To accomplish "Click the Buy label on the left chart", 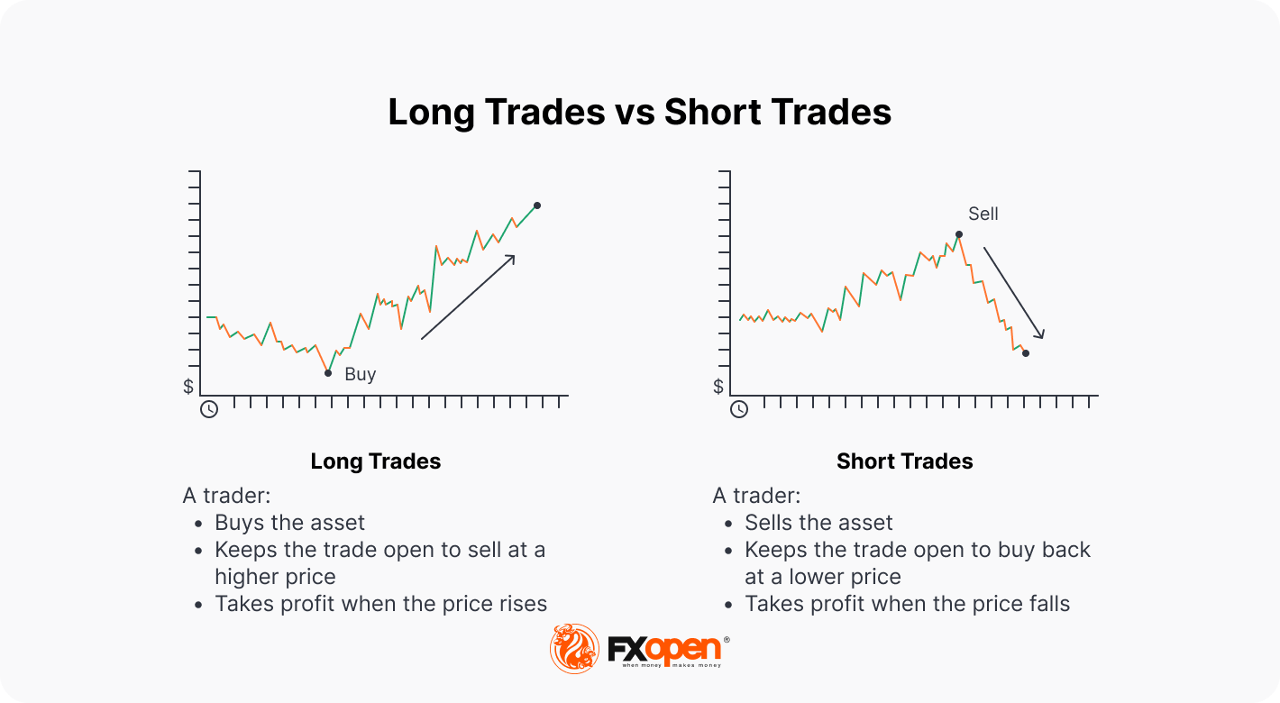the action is [x=360, y=374].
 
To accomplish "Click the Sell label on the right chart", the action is [x=983, y=214].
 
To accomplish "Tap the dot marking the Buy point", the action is [x=328, y=373].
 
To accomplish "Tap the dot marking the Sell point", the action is [x=959, y=234].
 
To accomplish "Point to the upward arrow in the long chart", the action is [x=468, y=297].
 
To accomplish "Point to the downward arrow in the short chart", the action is [x=1014, y=293].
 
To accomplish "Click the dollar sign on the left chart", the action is [x=188, y=387].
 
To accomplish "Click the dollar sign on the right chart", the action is [x=718, y=387].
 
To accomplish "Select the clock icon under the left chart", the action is [x=209, y=409].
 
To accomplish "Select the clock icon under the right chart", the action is [x=739, y=409].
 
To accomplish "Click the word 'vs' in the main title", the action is [x=635, y=112].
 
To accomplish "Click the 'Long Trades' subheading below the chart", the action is [x=375, y=461].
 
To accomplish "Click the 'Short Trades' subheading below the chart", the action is [x=905, y=461].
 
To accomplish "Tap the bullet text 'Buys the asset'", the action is [x=289, y=523].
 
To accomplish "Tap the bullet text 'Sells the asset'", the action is [x=818, y=523].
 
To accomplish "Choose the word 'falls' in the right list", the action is [x=1047, y=604].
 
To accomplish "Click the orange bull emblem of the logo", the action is [x=574, y=649].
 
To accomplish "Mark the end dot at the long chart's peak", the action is [x=537, y=205].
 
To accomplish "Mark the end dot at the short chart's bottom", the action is [x=1026, y=353].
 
